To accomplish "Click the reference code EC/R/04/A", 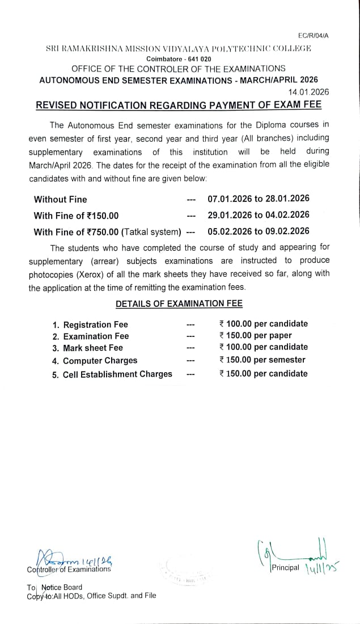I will pos(312,36).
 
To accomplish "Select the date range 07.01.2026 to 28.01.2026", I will pos(259,199).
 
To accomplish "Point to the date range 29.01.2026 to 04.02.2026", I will pos(259,214).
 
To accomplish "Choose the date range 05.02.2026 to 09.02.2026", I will pos(259,230).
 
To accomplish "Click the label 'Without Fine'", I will pos(61,199).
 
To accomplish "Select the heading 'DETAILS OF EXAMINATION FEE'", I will pos(179,303).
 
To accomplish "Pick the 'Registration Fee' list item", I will pos(95,324).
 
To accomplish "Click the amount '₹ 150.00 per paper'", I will pos(255,335).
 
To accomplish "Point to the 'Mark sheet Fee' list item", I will pos(92,348).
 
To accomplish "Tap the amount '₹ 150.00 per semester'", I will pos(262,360).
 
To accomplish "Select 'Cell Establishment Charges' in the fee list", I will pos(117,374).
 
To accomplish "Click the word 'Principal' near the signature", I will pos(285,568).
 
